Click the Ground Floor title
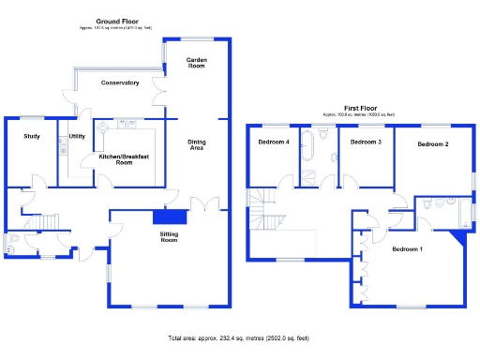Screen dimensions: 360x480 119,21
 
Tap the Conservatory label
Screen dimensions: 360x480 120,83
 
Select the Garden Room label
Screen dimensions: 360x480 195,63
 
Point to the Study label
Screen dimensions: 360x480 32,137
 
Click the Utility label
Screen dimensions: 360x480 77,137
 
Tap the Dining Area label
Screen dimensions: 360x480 197,145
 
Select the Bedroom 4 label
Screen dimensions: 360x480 273,142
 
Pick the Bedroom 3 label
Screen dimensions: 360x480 365,142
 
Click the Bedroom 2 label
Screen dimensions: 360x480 432,144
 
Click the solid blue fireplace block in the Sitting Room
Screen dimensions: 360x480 170,217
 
